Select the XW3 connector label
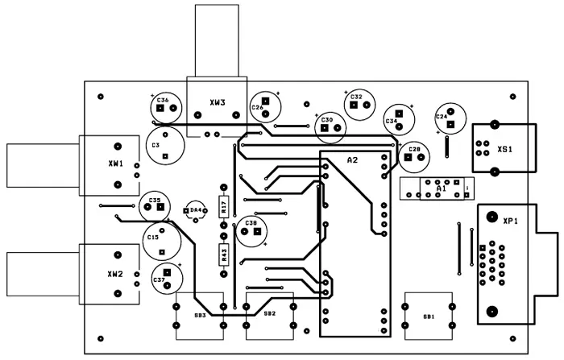pyautogui.click(x=217, y=103)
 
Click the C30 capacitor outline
pyautogui.click(x=327, y=124)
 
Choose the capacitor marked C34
pyautogui.click(x=397, y=119)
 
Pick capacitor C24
pyautogui.click(x=449, y=118)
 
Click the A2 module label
pyautogui.click(x=352, y=160)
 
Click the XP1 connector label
pyautogui.click(x=509, y=221)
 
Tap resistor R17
pyautogui.click(x=224, y=207)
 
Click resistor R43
pyautogui.click(x=224, y=254)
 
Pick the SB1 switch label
pyautogui.click(x=428, y=317)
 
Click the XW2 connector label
pyautogui.click(x=114, y=274)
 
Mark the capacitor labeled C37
pyautogui.click(x=166, y=279)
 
